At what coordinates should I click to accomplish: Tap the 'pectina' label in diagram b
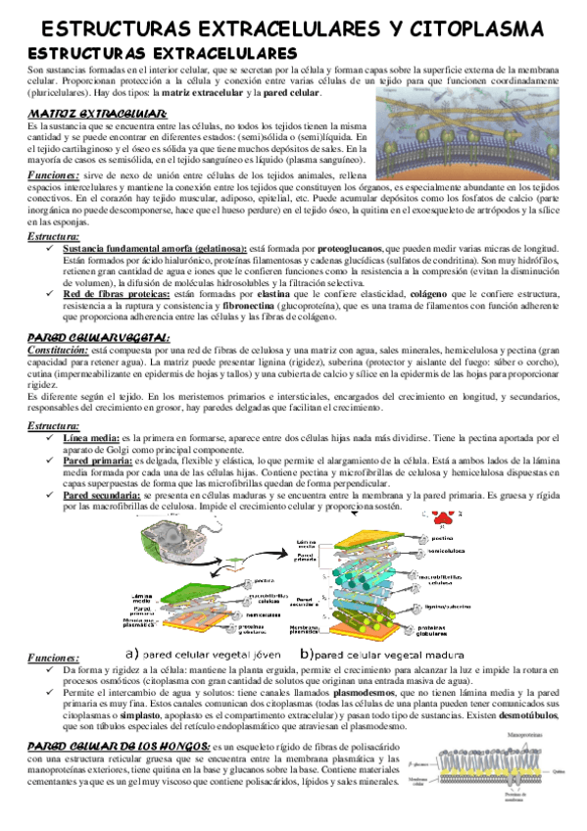click(x=441, y=537)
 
